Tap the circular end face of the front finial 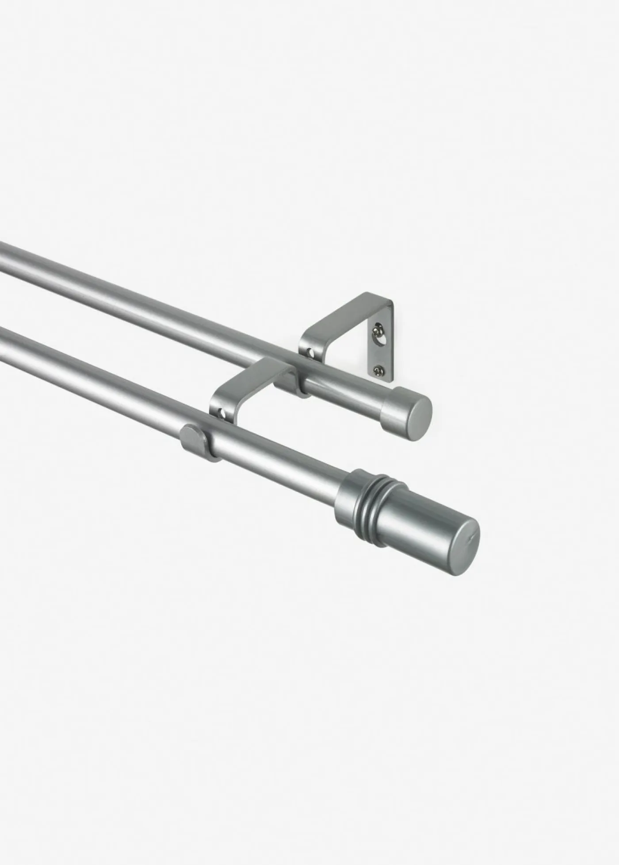[460, 547]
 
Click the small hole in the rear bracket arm [311, 353]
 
